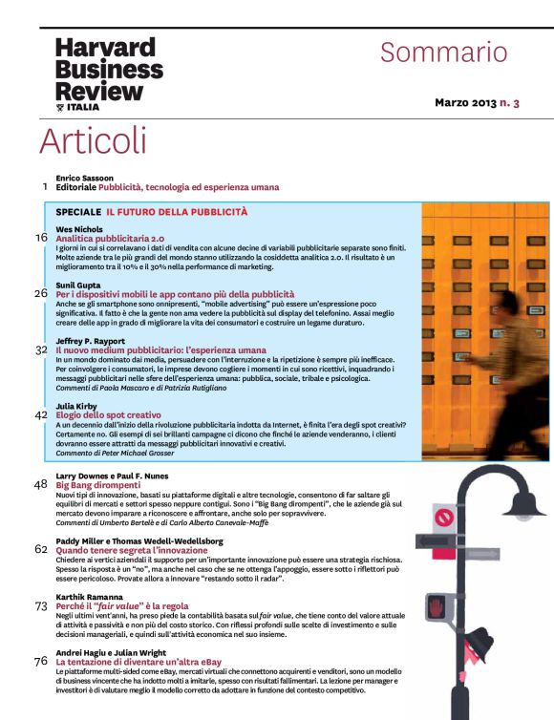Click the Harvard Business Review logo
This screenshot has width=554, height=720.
109,74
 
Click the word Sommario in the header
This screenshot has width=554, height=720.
444,53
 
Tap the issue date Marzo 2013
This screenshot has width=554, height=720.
466,102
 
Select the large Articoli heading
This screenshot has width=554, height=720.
94,140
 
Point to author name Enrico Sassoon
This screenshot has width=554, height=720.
84,178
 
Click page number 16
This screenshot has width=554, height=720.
41,238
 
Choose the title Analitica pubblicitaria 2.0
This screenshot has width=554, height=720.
110,239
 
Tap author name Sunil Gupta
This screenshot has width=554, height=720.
78,286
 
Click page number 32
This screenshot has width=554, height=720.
41,349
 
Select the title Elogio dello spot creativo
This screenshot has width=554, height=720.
108,415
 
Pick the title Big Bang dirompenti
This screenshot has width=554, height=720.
98,485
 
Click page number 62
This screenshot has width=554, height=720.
41,549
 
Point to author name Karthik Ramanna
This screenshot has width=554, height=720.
89,597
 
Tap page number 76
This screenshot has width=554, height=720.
41,661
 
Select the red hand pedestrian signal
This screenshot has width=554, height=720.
436,607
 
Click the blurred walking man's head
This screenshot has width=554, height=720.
508,301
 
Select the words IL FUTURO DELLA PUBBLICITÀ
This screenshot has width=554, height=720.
177,212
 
